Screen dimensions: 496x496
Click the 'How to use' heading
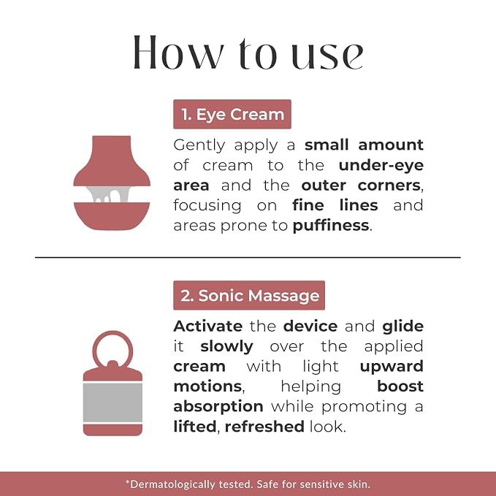click(x=248, y=52)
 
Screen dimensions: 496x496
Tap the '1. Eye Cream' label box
click(x=232, y=114)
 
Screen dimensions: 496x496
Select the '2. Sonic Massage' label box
click(x=249, y=295)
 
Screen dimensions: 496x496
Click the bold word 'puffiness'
click(x=331, y=226)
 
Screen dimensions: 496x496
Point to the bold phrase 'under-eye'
click(x=381, y=165)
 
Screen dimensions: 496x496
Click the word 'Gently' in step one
click(x=199, y=145)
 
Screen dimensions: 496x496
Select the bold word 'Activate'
click(x=208, y=326)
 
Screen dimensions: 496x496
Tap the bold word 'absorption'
click(x=218, y=407)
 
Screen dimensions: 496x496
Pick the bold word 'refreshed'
click(x=264, y=427)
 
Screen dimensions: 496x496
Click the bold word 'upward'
click(x=392, y=367)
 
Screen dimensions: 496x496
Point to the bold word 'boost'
click(x=400, y=386)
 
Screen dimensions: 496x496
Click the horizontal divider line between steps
click(x=248, y=257)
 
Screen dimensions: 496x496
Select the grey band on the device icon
click(x=112, y=402)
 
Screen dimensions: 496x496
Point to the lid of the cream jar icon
click(x=112, y=162)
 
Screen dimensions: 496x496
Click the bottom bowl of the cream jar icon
click(x=112, y=215)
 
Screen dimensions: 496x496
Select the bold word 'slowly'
click(x=226, y=347)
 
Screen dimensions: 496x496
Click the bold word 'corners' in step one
click(x=389, y=186)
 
